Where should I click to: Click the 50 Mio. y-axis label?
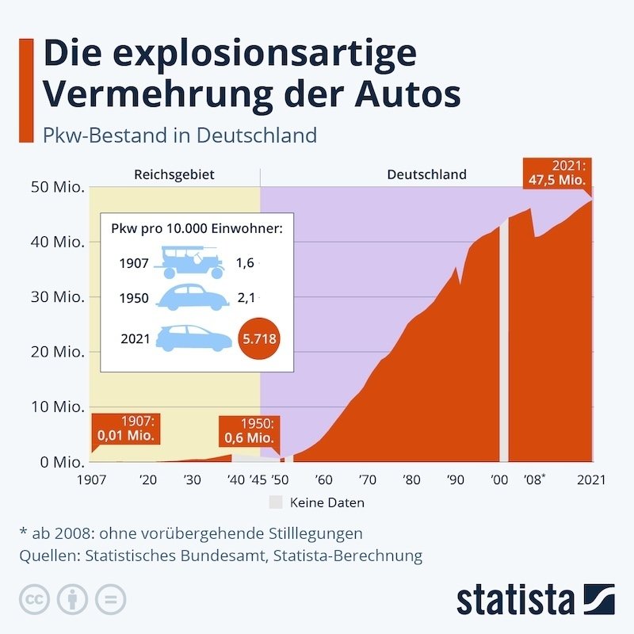coord(58,188)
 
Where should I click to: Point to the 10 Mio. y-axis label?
coord(58,407)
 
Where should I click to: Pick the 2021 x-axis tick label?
coord(590,479)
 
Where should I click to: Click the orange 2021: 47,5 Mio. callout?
coord(556,174)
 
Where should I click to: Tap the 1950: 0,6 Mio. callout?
coord(247,431)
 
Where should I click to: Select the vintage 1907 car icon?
coord(192,262)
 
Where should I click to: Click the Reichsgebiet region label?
coord(174,174)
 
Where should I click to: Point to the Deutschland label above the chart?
coord(426,174)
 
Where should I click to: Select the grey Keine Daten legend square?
coord(275,502)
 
